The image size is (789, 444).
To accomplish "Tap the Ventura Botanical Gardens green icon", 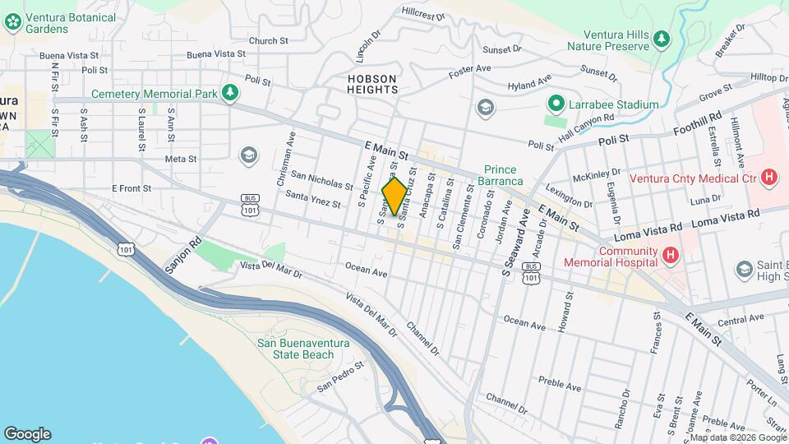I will coord(13,22).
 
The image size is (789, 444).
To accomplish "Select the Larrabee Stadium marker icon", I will coord(556,104).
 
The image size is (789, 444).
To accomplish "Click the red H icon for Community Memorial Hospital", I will coord(670,257).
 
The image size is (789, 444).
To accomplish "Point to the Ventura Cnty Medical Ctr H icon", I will coord(768,177).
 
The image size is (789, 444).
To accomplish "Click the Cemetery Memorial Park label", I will coord(154,94).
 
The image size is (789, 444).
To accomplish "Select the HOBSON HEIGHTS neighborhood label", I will coord(372,84).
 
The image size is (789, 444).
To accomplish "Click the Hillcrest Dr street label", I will coord(423,14).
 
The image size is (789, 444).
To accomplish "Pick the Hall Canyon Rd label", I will coord(586,125).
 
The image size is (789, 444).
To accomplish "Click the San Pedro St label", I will coord(340,375).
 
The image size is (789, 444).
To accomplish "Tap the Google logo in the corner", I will coord(27,434).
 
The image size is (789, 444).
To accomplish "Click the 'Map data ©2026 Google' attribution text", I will coord(737,438).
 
